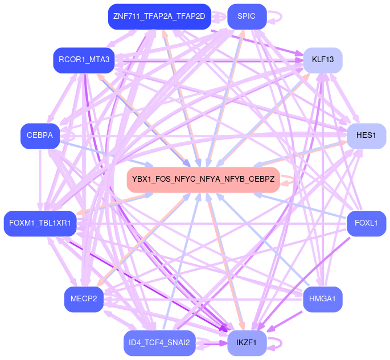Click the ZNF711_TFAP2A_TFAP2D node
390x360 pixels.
(159, 17)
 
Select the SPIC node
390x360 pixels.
(247, 17)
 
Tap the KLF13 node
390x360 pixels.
(322, 59)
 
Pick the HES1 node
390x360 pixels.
(366, 136)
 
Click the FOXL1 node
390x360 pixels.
(366, 223)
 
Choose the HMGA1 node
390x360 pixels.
(322, 299)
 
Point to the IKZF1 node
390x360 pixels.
(247, 342)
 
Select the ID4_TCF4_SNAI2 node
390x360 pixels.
(159, 342)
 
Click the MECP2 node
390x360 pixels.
(84, 299)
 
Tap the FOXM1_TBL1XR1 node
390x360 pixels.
(40, 223)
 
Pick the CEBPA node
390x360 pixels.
(40, 136)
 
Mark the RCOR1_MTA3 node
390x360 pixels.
(84, 59)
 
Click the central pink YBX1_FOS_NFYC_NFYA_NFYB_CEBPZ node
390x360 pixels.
(203, 179)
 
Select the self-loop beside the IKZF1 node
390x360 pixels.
(277, 343)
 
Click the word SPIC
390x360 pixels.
(247, 17)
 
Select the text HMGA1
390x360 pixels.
(322, 299)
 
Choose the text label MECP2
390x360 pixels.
(84, 299)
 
